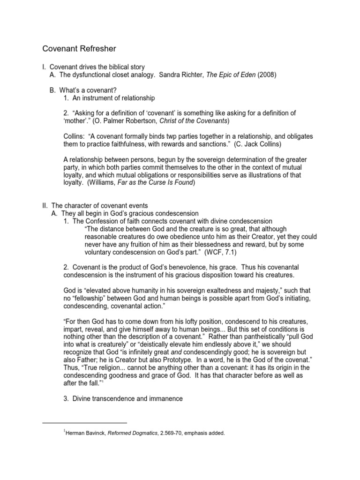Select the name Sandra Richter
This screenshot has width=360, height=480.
point(182,75)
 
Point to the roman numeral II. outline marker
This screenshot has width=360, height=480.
point(45,205)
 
